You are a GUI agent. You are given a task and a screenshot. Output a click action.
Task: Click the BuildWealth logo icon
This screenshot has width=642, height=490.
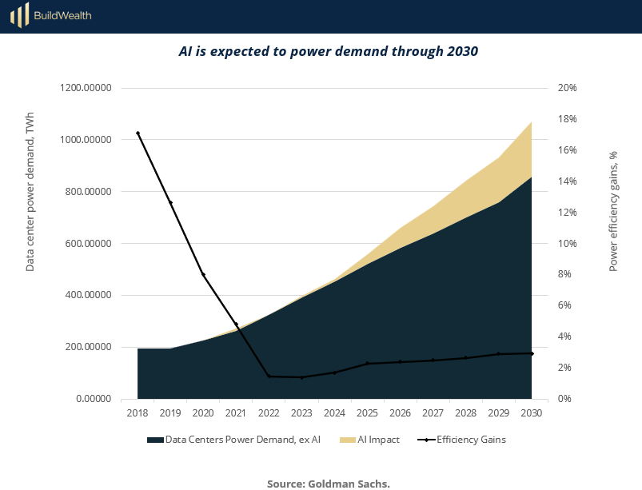[x=20, y=14]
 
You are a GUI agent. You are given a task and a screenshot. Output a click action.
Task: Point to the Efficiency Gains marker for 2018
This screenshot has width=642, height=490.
[x=138, y=133]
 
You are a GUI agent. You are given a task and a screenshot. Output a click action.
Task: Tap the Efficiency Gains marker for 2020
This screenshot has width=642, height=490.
[x=203, y=274]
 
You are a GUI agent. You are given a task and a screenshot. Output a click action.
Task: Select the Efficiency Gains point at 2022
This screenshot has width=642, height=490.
[x=269, y=376]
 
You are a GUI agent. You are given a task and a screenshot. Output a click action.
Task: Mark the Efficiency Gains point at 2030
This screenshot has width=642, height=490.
[x=532, y=353]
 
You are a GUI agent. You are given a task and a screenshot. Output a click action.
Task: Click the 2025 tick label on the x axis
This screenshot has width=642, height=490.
[x=367, y=413]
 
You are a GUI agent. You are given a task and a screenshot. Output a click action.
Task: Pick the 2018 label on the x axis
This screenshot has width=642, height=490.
[x=138, y=413]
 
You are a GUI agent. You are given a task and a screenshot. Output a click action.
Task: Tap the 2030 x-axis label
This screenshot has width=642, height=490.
[x=532, y=413]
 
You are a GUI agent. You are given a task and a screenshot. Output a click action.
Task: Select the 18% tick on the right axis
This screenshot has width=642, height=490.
[x=567, y=119]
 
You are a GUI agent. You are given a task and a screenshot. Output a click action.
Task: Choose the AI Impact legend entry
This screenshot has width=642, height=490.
[x=369, y=439]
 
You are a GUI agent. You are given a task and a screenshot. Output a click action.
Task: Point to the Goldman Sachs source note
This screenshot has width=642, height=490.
[x=328, y=483]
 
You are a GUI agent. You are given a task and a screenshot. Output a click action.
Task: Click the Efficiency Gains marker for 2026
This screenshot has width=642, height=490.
[x=400, y=362]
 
